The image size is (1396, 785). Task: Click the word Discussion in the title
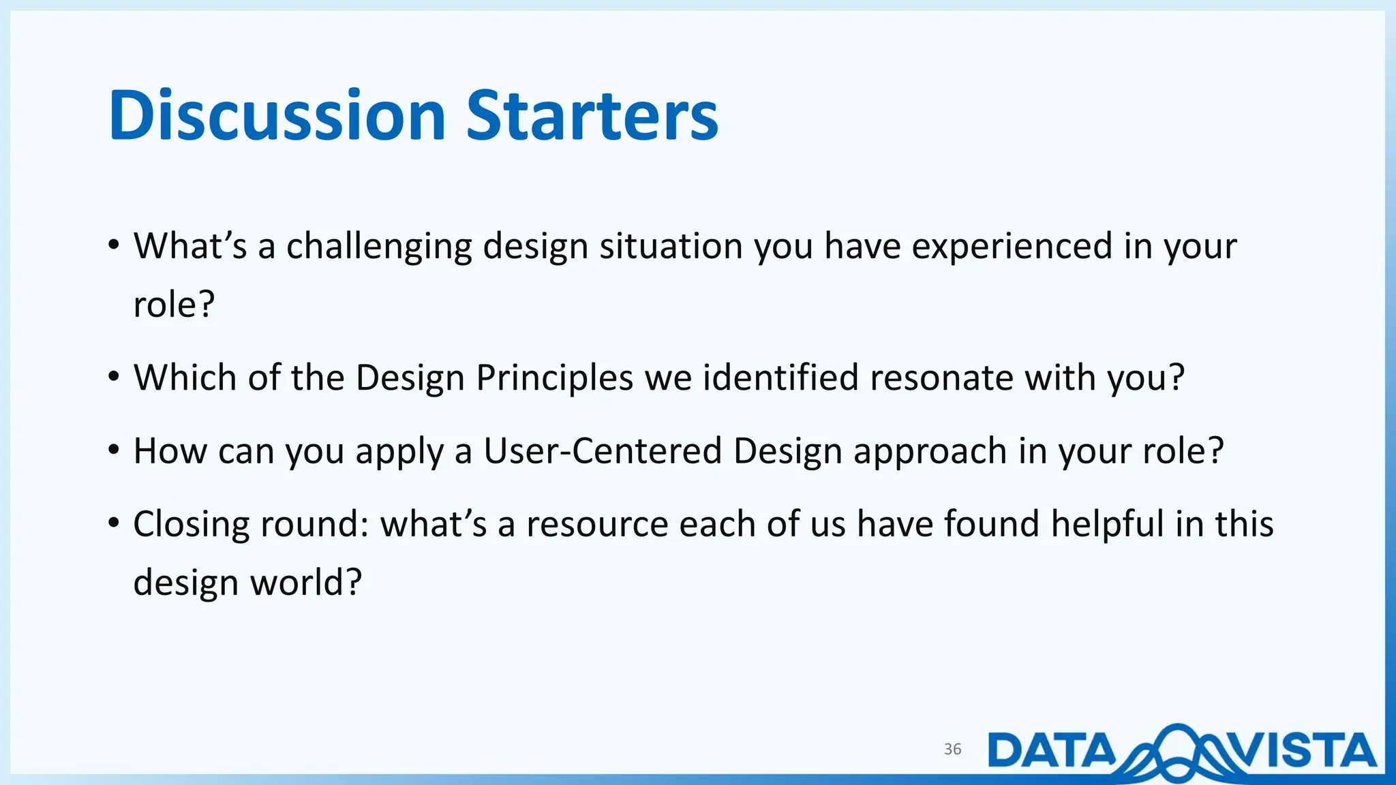(x=277, y=116)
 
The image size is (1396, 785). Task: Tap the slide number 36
(x=952, y=749)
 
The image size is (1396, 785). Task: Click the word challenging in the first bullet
(x=379, y=247)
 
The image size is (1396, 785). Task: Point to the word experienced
(x=1012, y=247)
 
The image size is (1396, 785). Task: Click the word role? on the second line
(x=174, y=305)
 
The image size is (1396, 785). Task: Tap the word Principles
(x=554, y=378)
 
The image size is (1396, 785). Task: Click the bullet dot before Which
(x=115, y=377)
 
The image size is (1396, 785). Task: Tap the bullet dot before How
(x=115, y=450)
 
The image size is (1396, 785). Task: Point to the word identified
(x=780, y=378)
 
